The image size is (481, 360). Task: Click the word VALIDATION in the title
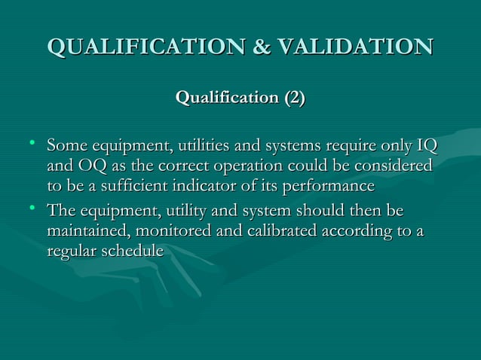pos(354,45)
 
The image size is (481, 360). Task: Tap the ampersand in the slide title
pos(259,45)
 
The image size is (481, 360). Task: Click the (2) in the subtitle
pos(293,98)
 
